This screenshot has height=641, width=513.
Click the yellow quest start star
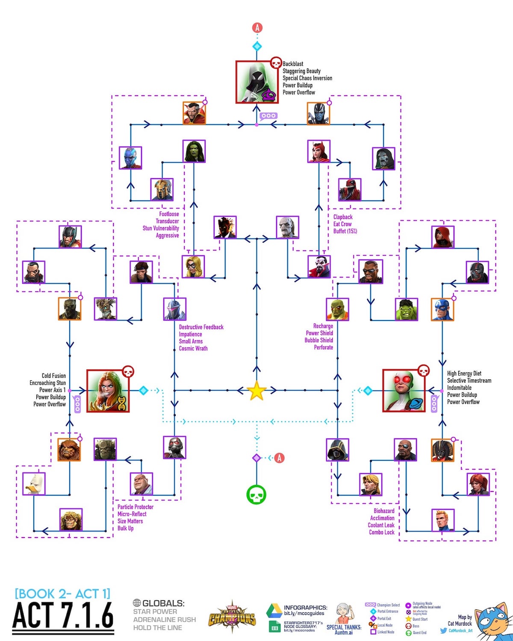click(x=256, y=391)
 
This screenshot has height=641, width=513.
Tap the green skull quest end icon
click(x=256, y=495)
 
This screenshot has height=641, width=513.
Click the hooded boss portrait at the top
click(x=257, y=82)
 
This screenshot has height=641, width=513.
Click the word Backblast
click(x=293, y=64)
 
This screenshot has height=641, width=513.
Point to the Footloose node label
click(x=169, y=214)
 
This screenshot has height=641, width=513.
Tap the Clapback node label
click(x=343, y=217)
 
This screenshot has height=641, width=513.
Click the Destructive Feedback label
click(x=201, y=327)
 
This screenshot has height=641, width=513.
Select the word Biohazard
click(x=384, y=511)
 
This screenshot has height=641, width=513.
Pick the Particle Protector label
click(x=136, y=507)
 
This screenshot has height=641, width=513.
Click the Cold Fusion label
click(x=53, y=376)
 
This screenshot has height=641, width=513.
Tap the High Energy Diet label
click(x=464, y=373)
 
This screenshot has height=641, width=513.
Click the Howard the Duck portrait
click(x=34, y=484)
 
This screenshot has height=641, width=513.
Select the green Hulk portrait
click(x=406, y=309)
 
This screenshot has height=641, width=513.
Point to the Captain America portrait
click(x=442, y=309)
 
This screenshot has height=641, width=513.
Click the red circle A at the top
click(x=257, y=28)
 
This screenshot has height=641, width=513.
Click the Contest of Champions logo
click(x=232, y=618)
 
